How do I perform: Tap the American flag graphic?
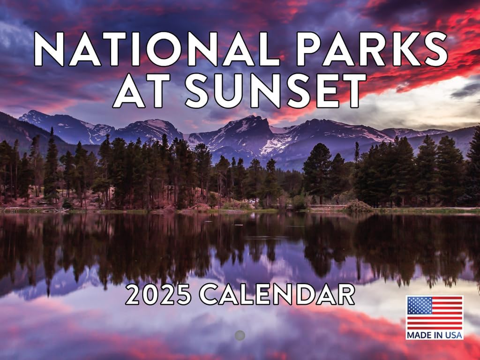point(435,313)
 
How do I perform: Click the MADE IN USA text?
point(435,335)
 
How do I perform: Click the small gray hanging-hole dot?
point(240,335)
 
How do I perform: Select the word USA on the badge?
point(454,335)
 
